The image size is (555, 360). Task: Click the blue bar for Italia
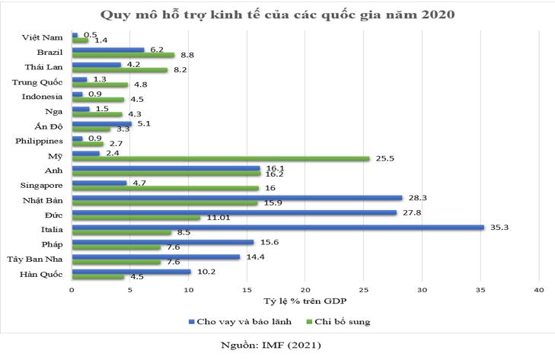click(x=278, y=227)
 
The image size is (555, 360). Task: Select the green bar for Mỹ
click(x=221, y=158)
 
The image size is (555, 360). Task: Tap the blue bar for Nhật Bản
click(x=237, y=197)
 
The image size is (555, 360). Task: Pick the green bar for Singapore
click(x=165, y=188)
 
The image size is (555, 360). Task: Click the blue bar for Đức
click(x=234, y=212)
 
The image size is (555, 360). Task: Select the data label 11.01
click(x=214, y=218)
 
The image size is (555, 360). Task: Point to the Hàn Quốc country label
click(x=43, y=274)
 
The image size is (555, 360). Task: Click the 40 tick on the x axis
click(x=539, y=289)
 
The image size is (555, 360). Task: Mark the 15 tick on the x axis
click(x=247, y=289)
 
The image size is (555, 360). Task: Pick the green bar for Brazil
click(x=123, y=55)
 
